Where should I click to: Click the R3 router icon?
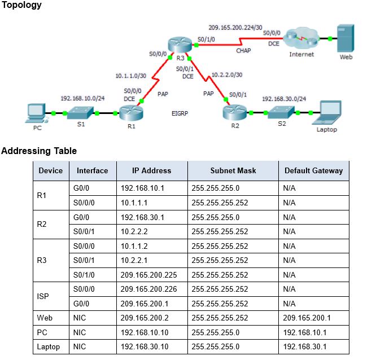coord(180,45)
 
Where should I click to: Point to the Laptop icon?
coord(328,112)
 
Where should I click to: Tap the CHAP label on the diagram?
coord(243,51)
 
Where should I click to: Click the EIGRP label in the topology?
coord(180,113)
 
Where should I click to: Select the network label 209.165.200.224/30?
coord(235,27)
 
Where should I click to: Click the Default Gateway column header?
coord(313,171)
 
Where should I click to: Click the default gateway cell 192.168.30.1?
coord(304,346)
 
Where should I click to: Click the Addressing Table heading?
coord(39,151)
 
